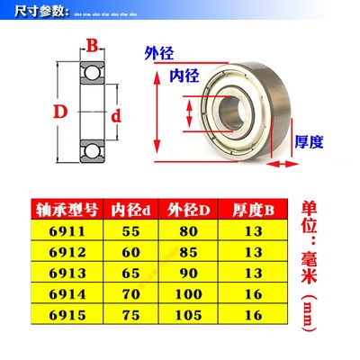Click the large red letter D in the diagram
[x=60, y=112]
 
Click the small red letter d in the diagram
[x=115, y=116]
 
